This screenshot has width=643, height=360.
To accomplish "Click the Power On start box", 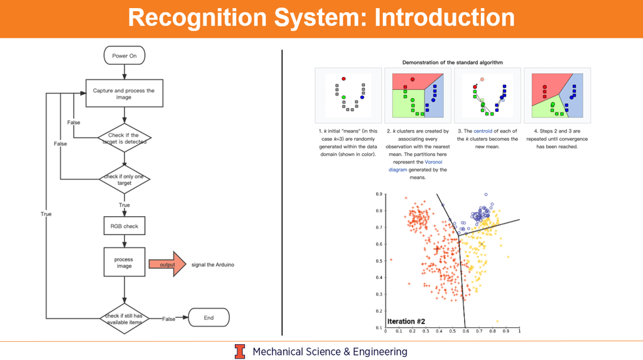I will (124, 56).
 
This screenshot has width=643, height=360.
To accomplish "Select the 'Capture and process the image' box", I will (124, 94).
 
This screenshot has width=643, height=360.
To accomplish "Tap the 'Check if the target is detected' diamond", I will (124, 138).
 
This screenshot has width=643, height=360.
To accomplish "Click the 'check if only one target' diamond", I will (124, 180).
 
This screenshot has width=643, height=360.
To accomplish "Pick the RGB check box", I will (124, 226).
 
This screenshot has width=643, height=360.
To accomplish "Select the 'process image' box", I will (124, 262).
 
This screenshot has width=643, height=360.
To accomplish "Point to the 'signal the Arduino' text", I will (213, 265).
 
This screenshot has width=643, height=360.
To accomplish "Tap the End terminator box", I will (208, 318).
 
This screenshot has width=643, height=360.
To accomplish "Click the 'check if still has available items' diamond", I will (124, 319).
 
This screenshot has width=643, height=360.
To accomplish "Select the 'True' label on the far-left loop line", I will (46, 214).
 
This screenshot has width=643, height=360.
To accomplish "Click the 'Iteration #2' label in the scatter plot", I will (406, 321).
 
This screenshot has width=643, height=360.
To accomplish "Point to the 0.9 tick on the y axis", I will (380, 194).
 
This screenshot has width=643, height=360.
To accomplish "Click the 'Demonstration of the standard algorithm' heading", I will (452, 62).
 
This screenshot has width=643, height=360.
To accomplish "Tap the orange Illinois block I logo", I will (240, 351).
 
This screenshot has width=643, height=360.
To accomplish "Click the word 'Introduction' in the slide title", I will (445, 18).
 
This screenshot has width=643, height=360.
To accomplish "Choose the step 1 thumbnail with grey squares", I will (348, 95).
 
